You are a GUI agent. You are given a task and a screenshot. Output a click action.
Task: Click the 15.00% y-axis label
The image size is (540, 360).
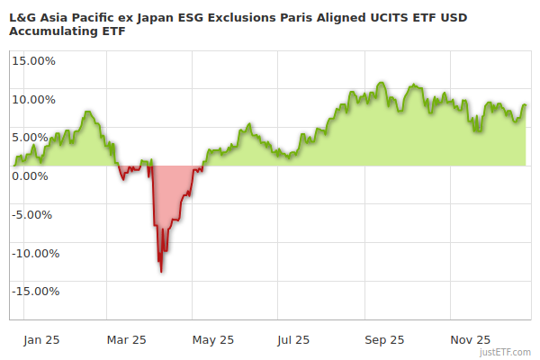34,61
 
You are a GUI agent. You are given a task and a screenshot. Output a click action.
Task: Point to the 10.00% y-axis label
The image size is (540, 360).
34,99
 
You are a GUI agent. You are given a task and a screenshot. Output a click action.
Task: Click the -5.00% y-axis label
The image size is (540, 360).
35,214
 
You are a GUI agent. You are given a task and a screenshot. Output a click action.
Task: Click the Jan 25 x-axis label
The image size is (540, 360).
41,339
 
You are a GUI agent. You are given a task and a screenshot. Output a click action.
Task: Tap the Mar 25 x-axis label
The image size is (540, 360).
126,339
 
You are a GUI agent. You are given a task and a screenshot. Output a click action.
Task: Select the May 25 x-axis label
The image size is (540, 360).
213,339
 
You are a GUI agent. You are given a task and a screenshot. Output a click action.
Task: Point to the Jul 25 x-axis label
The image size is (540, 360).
294,339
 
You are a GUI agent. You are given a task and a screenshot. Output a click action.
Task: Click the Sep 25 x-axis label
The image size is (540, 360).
382,339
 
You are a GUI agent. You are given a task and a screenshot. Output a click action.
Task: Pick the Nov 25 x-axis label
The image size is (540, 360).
470,339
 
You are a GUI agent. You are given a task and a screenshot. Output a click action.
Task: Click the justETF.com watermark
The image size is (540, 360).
506,353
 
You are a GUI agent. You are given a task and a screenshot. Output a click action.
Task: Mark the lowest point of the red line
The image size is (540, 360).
161,272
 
